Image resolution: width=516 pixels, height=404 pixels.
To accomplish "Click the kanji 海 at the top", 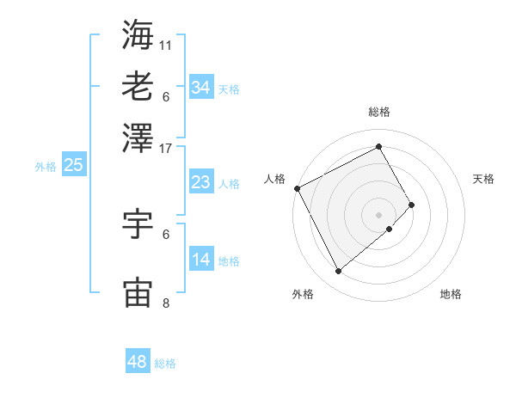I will click(138, 34).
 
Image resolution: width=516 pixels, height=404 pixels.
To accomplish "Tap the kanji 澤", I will click(138, 137).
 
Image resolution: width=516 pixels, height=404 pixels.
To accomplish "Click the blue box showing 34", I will click(200, 88).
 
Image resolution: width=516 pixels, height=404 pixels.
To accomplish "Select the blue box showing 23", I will click(200, 182).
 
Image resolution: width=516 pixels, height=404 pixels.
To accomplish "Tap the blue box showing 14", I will click(200, 260).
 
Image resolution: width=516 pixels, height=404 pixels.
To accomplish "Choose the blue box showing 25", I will click(73, 165).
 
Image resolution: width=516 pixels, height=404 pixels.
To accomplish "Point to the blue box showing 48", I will click(138, 362).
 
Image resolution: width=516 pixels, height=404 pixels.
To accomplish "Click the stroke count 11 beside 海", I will click(166, 43).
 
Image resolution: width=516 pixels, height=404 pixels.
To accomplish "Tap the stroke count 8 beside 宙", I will click(166, 303).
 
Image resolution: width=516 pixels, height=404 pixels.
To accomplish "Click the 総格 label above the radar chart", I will click(379, 112).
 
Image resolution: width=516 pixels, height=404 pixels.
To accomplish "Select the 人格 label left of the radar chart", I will click(275, 179).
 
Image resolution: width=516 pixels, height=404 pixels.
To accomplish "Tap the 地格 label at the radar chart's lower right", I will click(451, 294).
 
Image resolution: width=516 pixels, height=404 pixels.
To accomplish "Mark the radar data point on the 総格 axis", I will click(379, 146).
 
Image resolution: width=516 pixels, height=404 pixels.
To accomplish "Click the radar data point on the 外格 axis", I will click(338, 272).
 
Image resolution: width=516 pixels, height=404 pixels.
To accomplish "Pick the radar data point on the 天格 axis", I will click(412, 205).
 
